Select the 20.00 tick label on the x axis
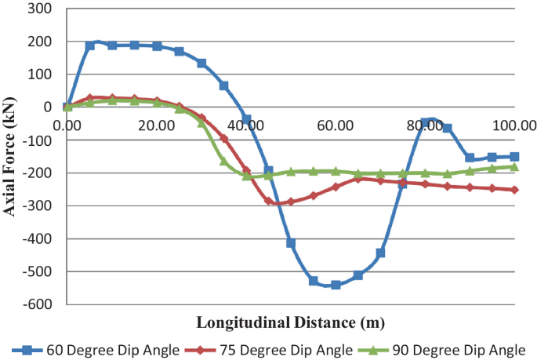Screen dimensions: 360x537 coord(157,124)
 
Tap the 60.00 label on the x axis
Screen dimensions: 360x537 coord(336,124)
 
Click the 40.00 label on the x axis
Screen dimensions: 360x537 coord(246,124)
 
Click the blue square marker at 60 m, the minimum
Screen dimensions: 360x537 coord(336,285)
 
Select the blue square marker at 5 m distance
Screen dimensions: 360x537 coord(90,45)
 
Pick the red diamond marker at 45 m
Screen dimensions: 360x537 coord(269,201)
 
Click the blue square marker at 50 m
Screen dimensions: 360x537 coord(291,243)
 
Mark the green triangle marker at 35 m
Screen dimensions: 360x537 coord(224,160)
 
